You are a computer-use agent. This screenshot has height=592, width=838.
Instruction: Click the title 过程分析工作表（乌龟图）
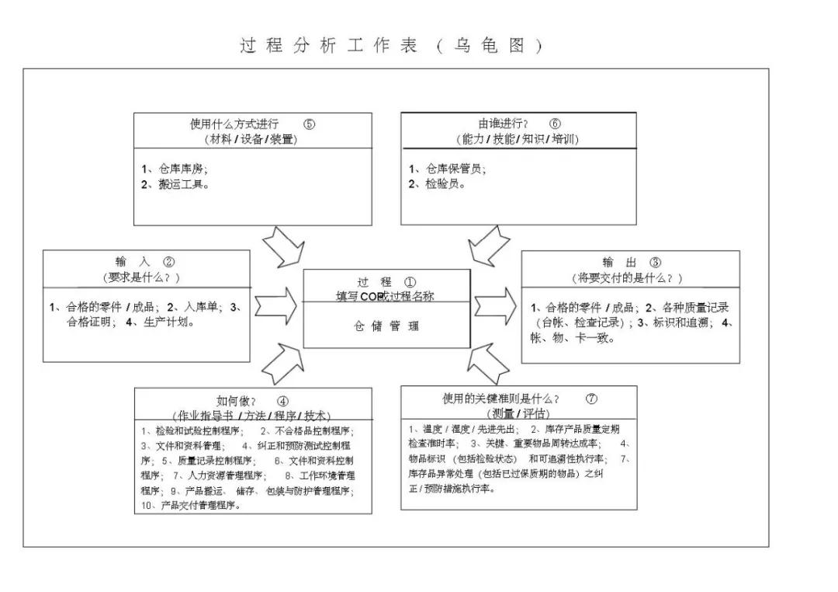[391, 46]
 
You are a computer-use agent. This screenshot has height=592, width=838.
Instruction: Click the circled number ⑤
[310, 124]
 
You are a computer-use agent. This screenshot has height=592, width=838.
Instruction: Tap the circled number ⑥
[555, 124]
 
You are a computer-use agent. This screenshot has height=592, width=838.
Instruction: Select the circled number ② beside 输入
[169, 263]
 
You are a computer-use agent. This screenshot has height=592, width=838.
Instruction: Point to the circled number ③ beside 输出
[656, 263]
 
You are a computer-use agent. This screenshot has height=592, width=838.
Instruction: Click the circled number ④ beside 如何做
[282, 401]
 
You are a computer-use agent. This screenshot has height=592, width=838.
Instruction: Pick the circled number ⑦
[592, 399]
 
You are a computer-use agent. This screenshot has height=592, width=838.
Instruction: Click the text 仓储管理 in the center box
[386, 326]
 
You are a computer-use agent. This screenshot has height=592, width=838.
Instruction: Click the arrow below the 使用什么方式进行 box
[282, 247]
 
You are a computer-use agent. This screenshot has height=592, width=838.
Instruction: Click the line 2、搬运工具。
[175, 184]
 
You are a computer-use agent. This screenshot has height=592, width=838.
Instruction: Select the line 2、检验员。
[437, 184]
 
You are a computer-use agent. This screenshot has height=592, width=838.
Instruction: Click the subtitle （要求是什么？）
[141, 277]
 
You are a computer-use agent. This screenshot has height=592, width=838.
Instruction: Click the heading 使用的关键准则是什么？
[500, 399]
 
